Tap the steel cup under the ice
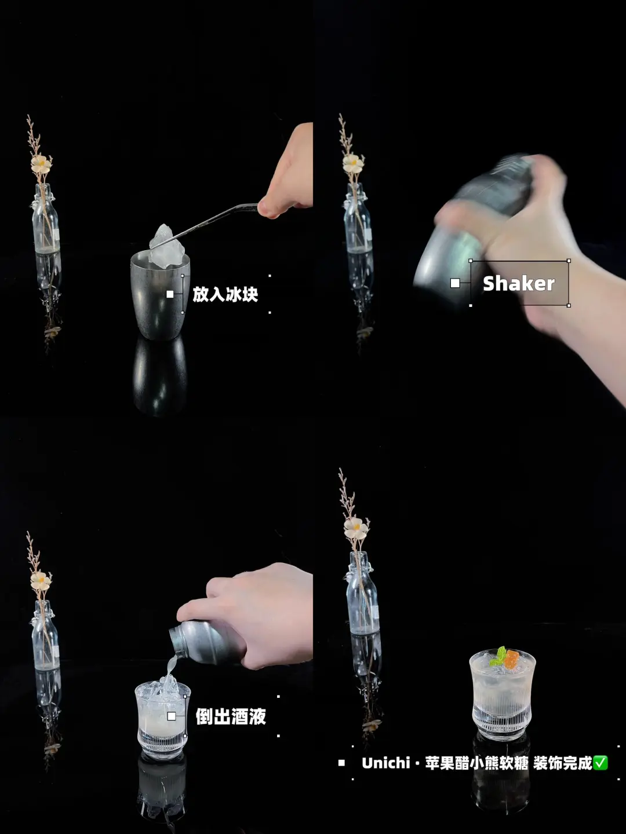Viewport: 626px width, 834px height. click(160, 297)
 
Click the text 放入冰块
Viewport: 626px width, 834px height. click(225, 294)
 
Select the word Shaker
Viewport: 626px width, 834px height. click(518, 283)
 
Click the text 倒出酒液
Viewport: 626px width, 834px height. click(231, 716)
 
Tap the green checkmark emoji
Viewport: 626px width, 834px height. click(600, 763)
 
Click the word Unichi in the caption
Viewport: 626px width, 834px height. click(386, 763)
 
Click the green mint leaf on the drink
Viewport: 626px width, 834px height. click(498, 657)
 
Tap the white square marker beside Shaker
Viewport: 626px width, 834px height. click(455, 283)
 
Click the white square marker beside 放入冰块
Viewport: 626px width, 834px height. click(170, 294)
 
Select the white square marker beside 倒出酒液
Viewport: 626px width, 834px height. click(172, 716)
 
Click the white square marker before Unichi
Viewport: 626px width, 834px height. click(341, 763)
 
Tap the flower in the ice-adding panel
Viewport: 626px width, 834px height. click(41, 164)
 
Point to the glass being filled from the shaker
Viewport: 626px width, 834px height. click(163, 721)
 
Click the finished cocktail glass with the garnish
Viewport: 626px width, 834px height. click(502, 695)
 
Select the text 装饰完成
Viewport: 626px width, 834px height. click(562, 763)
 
